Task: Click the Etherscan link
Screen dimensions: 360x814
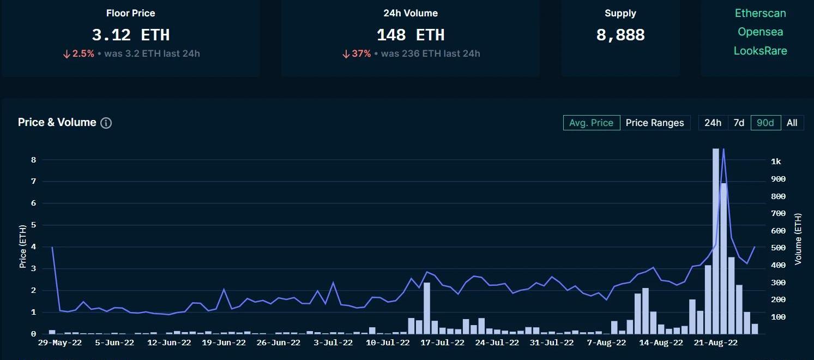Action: click(x=760, y=13)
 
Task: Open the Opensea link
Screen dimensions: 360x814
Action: click(x=760, y=32)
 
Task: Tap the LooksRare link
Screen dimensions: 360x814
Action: click(x=760, y=51)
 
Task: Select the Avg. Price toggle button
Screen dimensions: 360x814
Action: click(x=591, y=123)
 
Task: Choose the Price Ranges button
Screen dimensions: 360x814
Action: click(x=654, y=123)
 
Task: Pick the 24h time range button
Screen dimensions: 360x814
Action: click(x=713, y=123)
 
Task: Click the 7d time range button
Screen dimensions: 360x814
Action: click(x=739, y=123)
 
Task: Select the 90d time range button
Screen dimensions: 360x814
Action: click(x=765, y=123)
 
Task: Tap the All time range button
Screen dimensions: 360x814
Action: click(x=792, y=123)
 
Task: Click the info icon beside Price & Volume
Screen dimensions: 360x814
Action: click(x=106, y=123)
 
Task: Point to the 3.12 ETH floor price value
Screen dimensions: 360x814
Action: click(x=130, y=35)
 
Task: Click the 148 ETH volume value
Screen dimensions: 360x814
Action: click(x=410, y=35)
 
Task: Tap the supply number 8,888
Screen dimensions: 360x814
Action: click(x=620, y=35)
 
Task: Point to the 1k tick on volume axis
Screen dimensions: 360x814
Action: click(x=776, y=161)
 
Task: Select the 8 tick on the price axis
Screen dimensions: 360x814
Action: click(x=33, y=160)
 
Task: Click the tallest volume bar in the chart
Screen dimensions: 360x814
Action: click(x=716, y=240)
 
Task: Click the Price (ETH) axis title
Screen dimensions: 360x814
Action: click(x=23, y=247)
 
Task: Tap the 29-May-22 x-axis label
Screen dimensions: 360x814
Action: click(x=59, y=343)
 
